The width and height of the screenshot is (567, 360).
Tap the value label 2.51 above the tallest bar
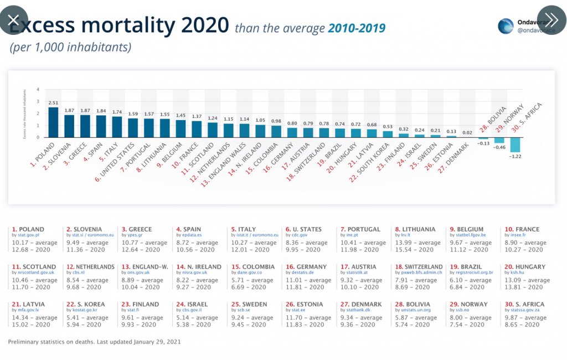coord(53,103)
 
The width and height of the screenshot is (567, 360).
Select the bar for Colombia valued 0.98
coord(276,131)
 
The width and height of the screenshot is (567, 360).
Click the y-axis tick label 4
coord(38,89)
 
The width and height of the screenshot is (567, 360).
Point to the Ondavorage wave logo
coord(506,26)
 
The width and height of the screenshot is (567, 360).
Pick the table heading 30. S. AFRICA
coord(523,304)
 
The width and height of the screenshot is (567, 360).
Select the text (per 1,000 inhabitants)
coord(70,48)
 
